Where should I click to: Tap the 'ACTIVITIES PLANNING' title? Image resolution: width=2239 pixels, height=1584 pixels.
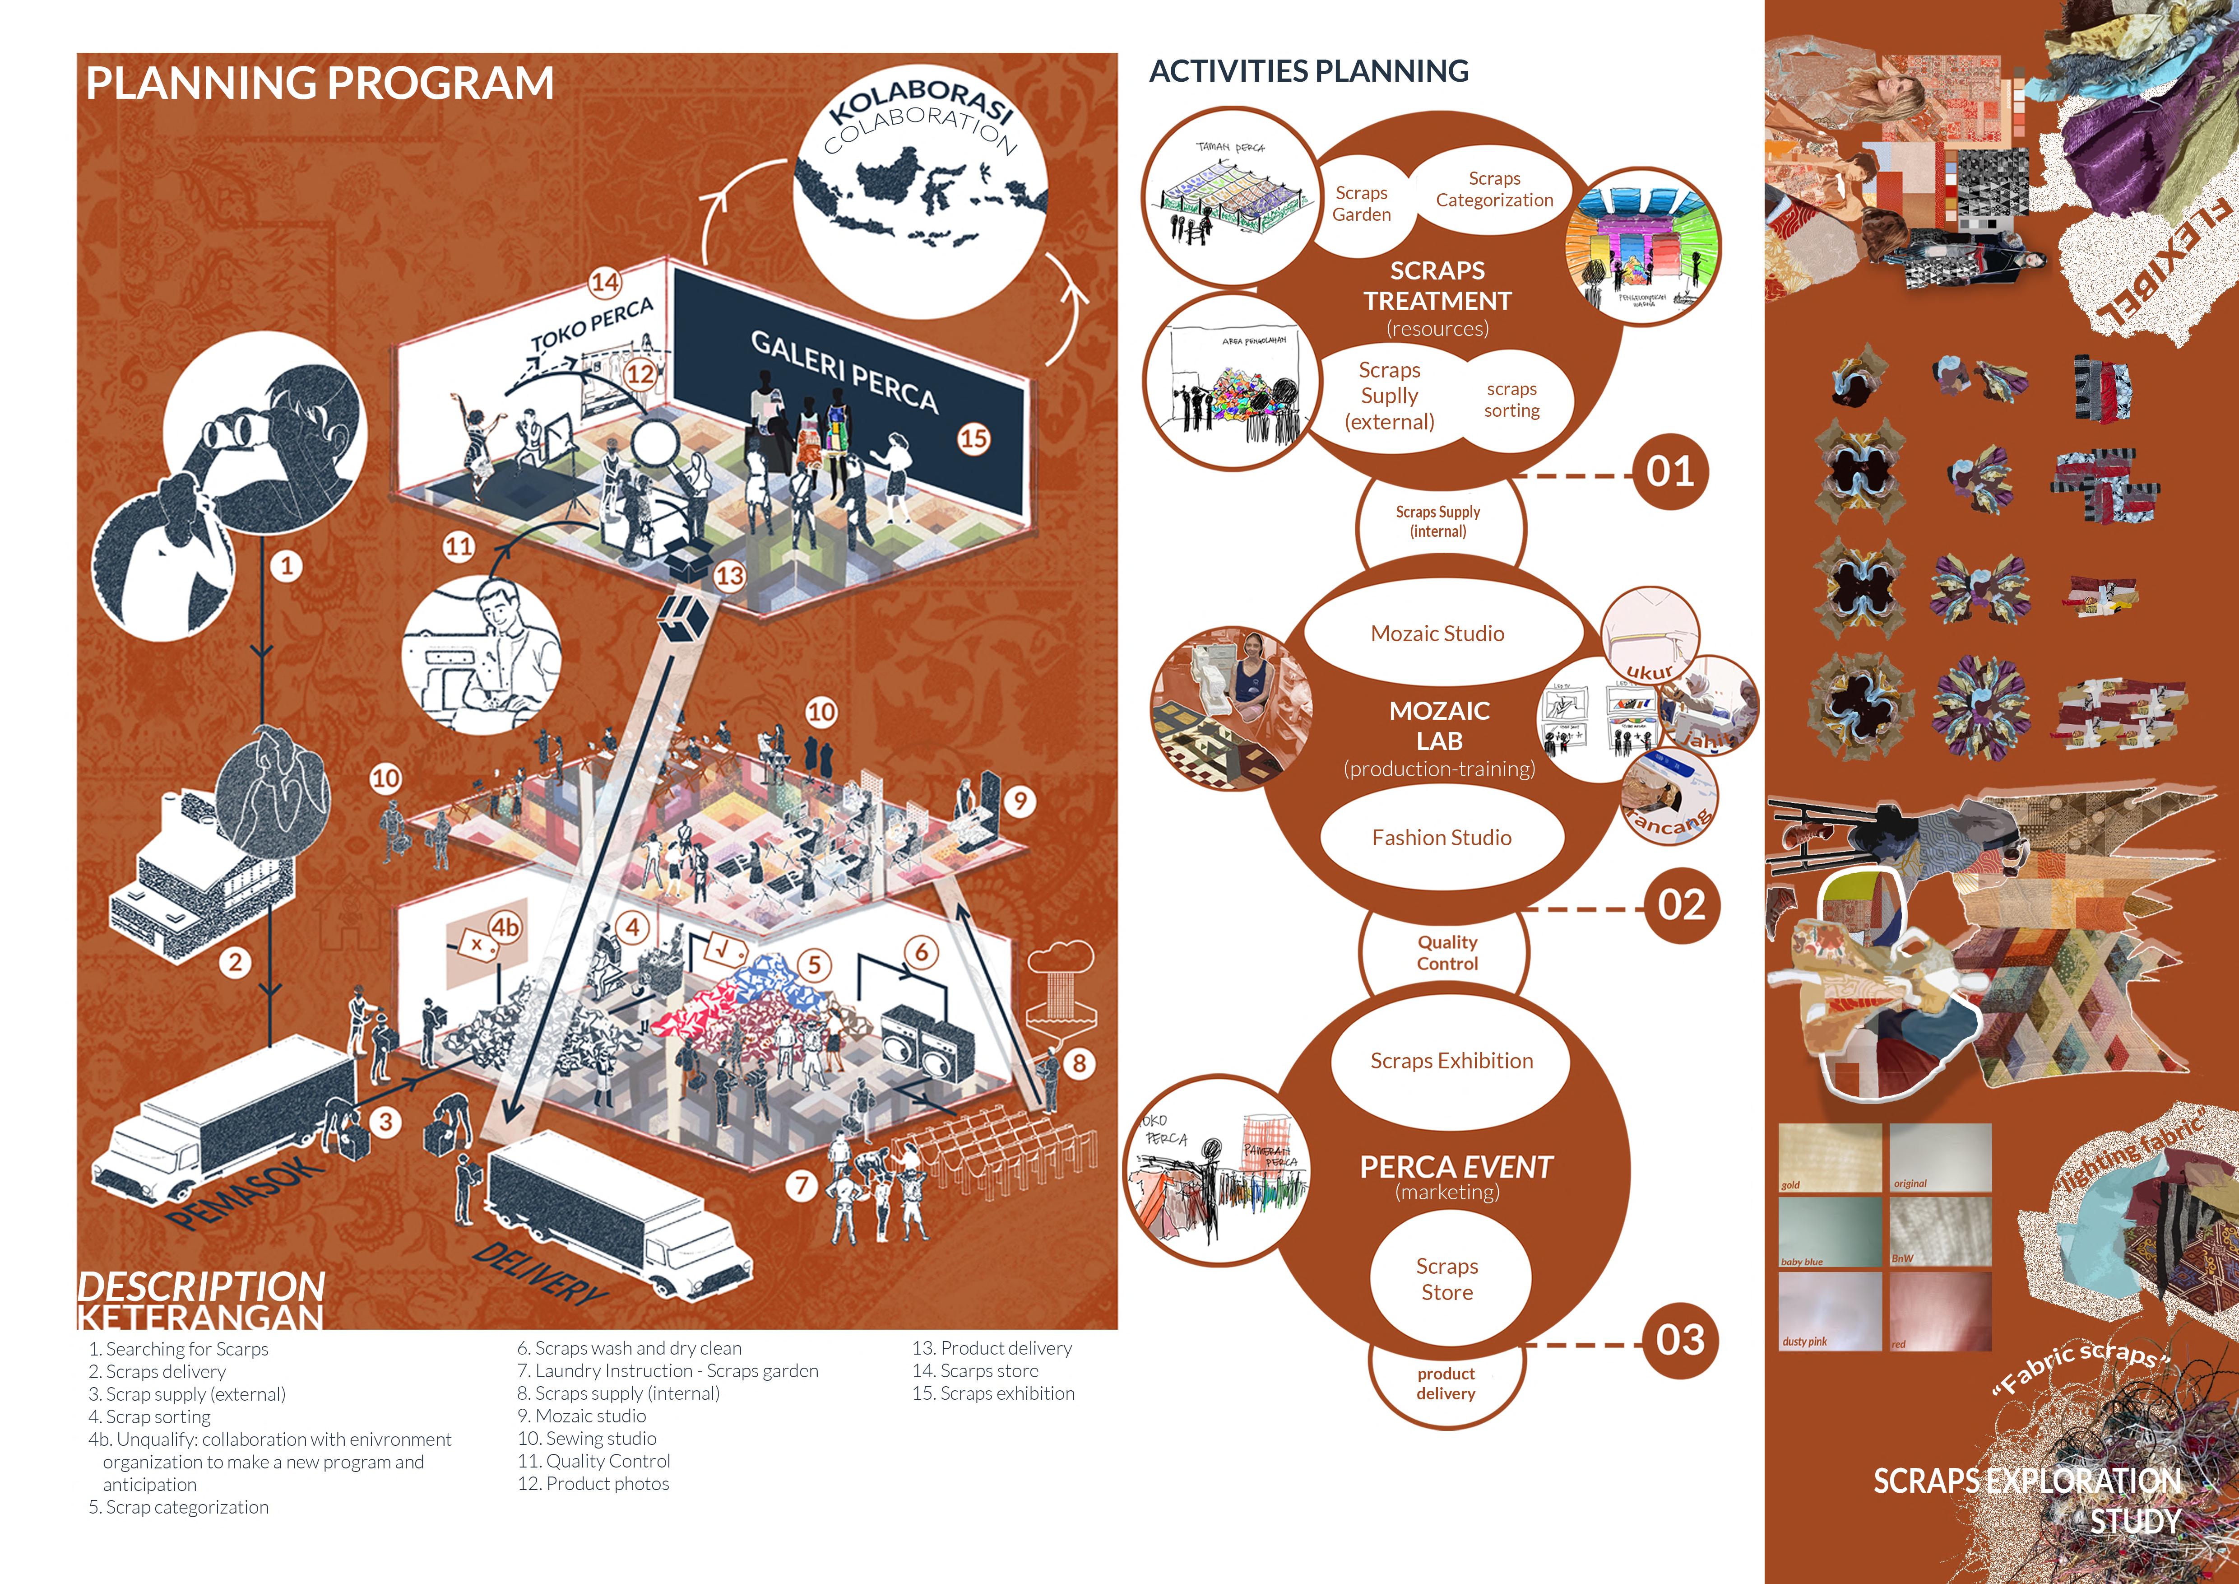tap(1309, 71)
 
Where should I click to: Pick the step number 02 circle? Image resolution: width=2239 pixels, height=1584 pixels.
tap(1681, 905)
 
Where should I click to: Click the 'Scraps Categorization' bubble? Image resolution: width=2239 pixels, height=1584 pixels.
tap(1494, 189)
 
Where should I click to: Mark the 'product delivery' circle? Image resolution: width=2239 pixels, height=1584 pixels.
tap(1445, 1383)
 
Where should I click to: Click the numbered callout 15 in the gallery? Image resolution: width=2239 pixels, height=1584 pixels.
tap(973, 439)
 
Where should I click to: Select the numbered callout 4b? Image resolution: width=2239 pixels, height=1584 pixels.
tap(504, 927)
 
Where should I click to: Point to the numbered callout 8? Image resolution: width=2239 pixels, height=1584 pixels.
tap(1079, 1063)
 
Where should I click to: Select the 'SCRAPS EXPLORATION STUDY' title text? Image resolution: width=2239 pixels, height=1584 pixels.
tap(2028, 1499)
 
